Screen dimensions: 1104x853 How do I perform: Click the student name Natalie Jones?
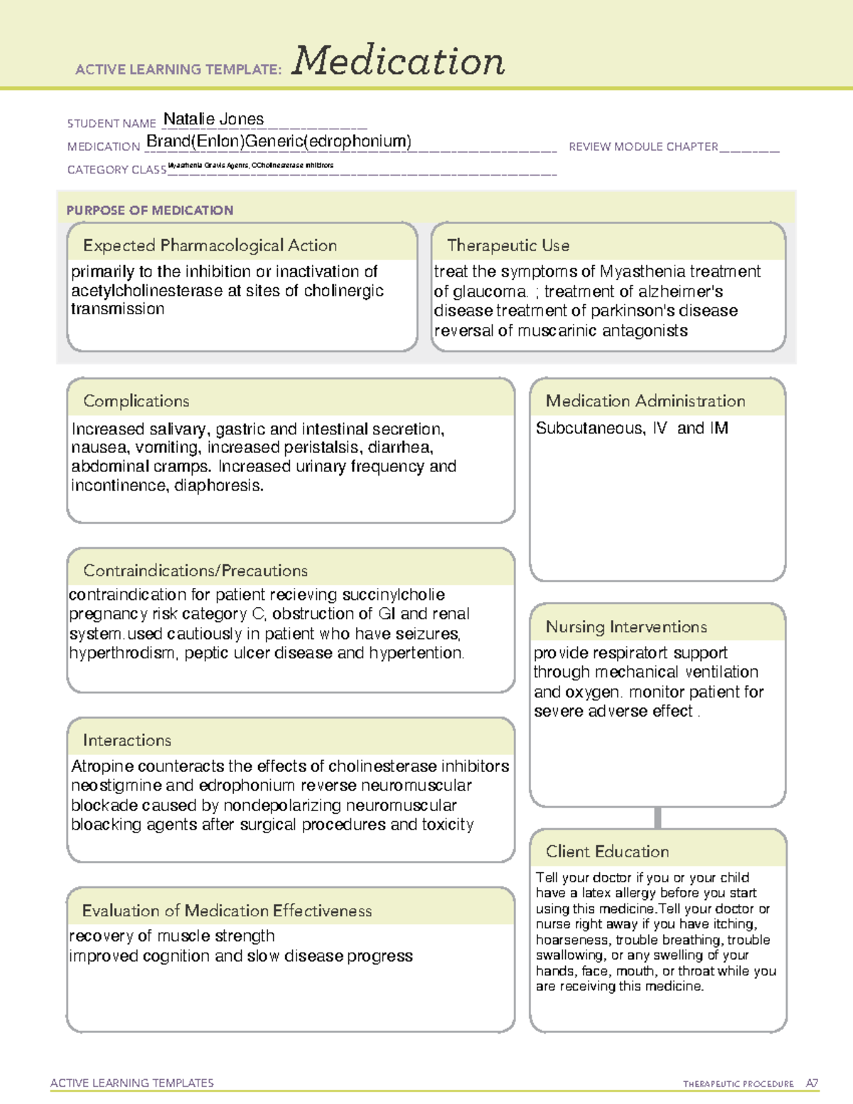pyautogui.click(x=213, y=119)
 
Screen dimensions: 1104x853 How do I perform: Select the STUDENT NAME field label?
pyautogui.click(x=112, y=124)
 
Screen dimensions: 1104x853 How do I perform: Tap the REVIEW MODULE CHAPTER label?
pyautogui.click(x=643, y=146)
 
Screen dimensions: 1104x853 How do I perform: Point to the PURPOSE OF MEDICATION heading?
pyautogui.click(x=149, y=210)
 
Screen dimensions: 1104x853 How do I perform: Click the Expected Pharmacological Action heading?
pyautogui.click(x=210, y=245)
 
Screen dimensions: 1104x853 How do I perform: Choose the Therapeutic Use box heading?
pyautogui.click(x=508, y=245)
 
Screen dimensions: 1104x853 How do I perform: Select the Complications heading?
pyautogui.click(x=136, y=401)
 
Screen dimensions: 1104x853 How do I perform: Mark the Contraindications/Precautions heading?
pyautogui.click(x=195, y=571)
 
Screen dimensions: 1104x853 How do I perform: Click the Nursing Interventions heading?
pyautogui.click(x=626, y=627)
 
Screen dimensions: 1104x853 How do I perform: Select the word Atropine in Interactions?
pyautogui.click(x=102, y=766)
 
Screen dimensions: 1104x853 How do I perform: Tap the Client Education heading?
pyautogui.click(x=607, y=852)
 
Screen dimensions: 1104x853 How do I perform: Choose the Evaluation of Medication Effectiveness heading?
pyautogui.click(x=227, y=911)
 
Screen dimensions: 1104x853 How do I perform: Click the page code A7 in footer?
pyautogui.click(x=812, y=1083)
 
